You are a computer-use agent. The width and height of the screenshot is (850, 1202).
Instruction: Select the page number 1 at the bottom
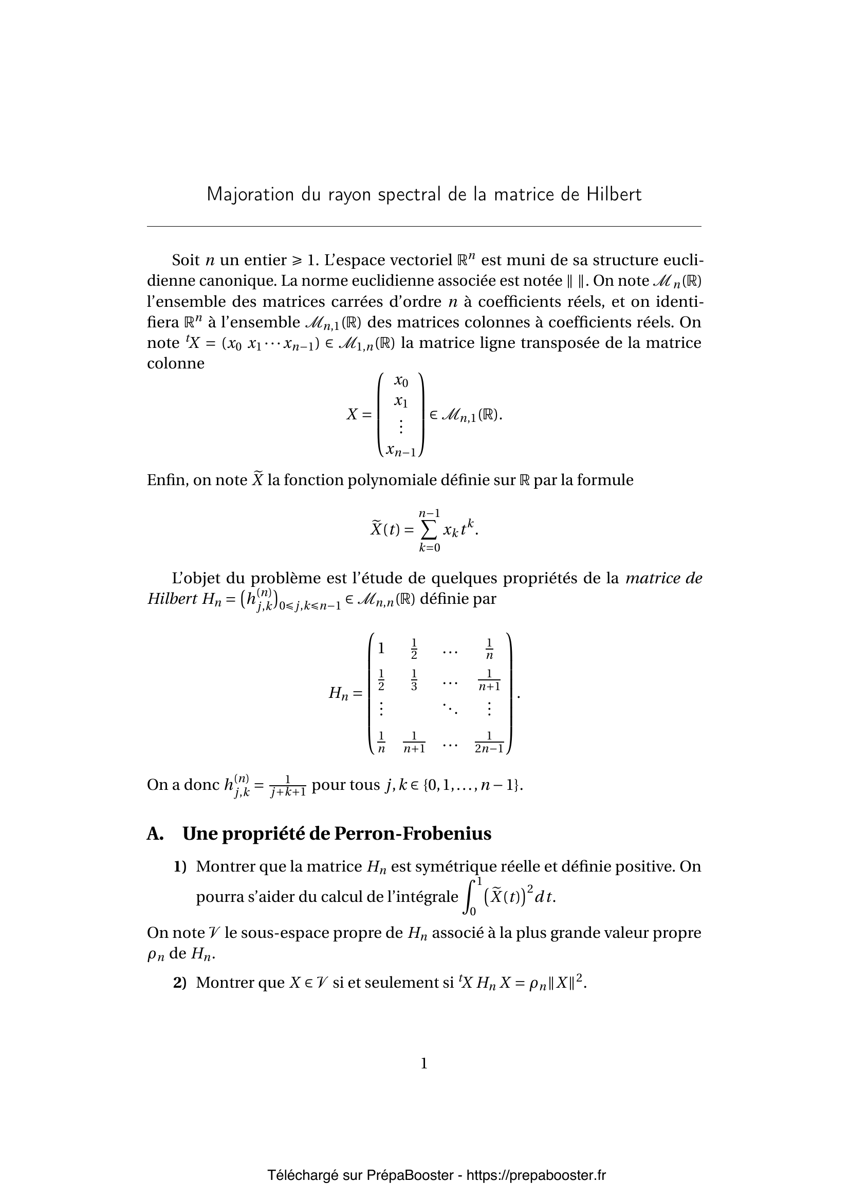[x=424, y=1063]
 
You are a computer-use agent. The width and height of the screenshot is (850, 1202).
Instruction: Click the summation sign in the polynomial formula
[x=429, y=530]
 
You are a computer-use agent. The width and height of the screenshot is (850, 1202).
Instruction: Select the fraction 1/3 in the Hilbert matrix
[x=414, y=680]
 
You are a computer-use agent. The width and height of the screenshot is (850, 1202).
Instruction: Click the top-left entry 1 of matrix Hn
[x=381, y=649]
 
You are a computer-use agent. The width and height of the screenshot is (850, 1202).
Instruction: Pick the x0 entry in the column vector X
[x=401, y=381]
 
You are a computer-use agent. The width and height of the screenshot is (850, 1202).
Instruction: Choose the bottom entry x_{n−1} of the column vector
[x=401, y=450]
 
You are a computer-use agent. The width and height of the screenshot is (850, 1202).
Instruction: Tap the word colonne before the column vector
[x=176, y=363]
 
